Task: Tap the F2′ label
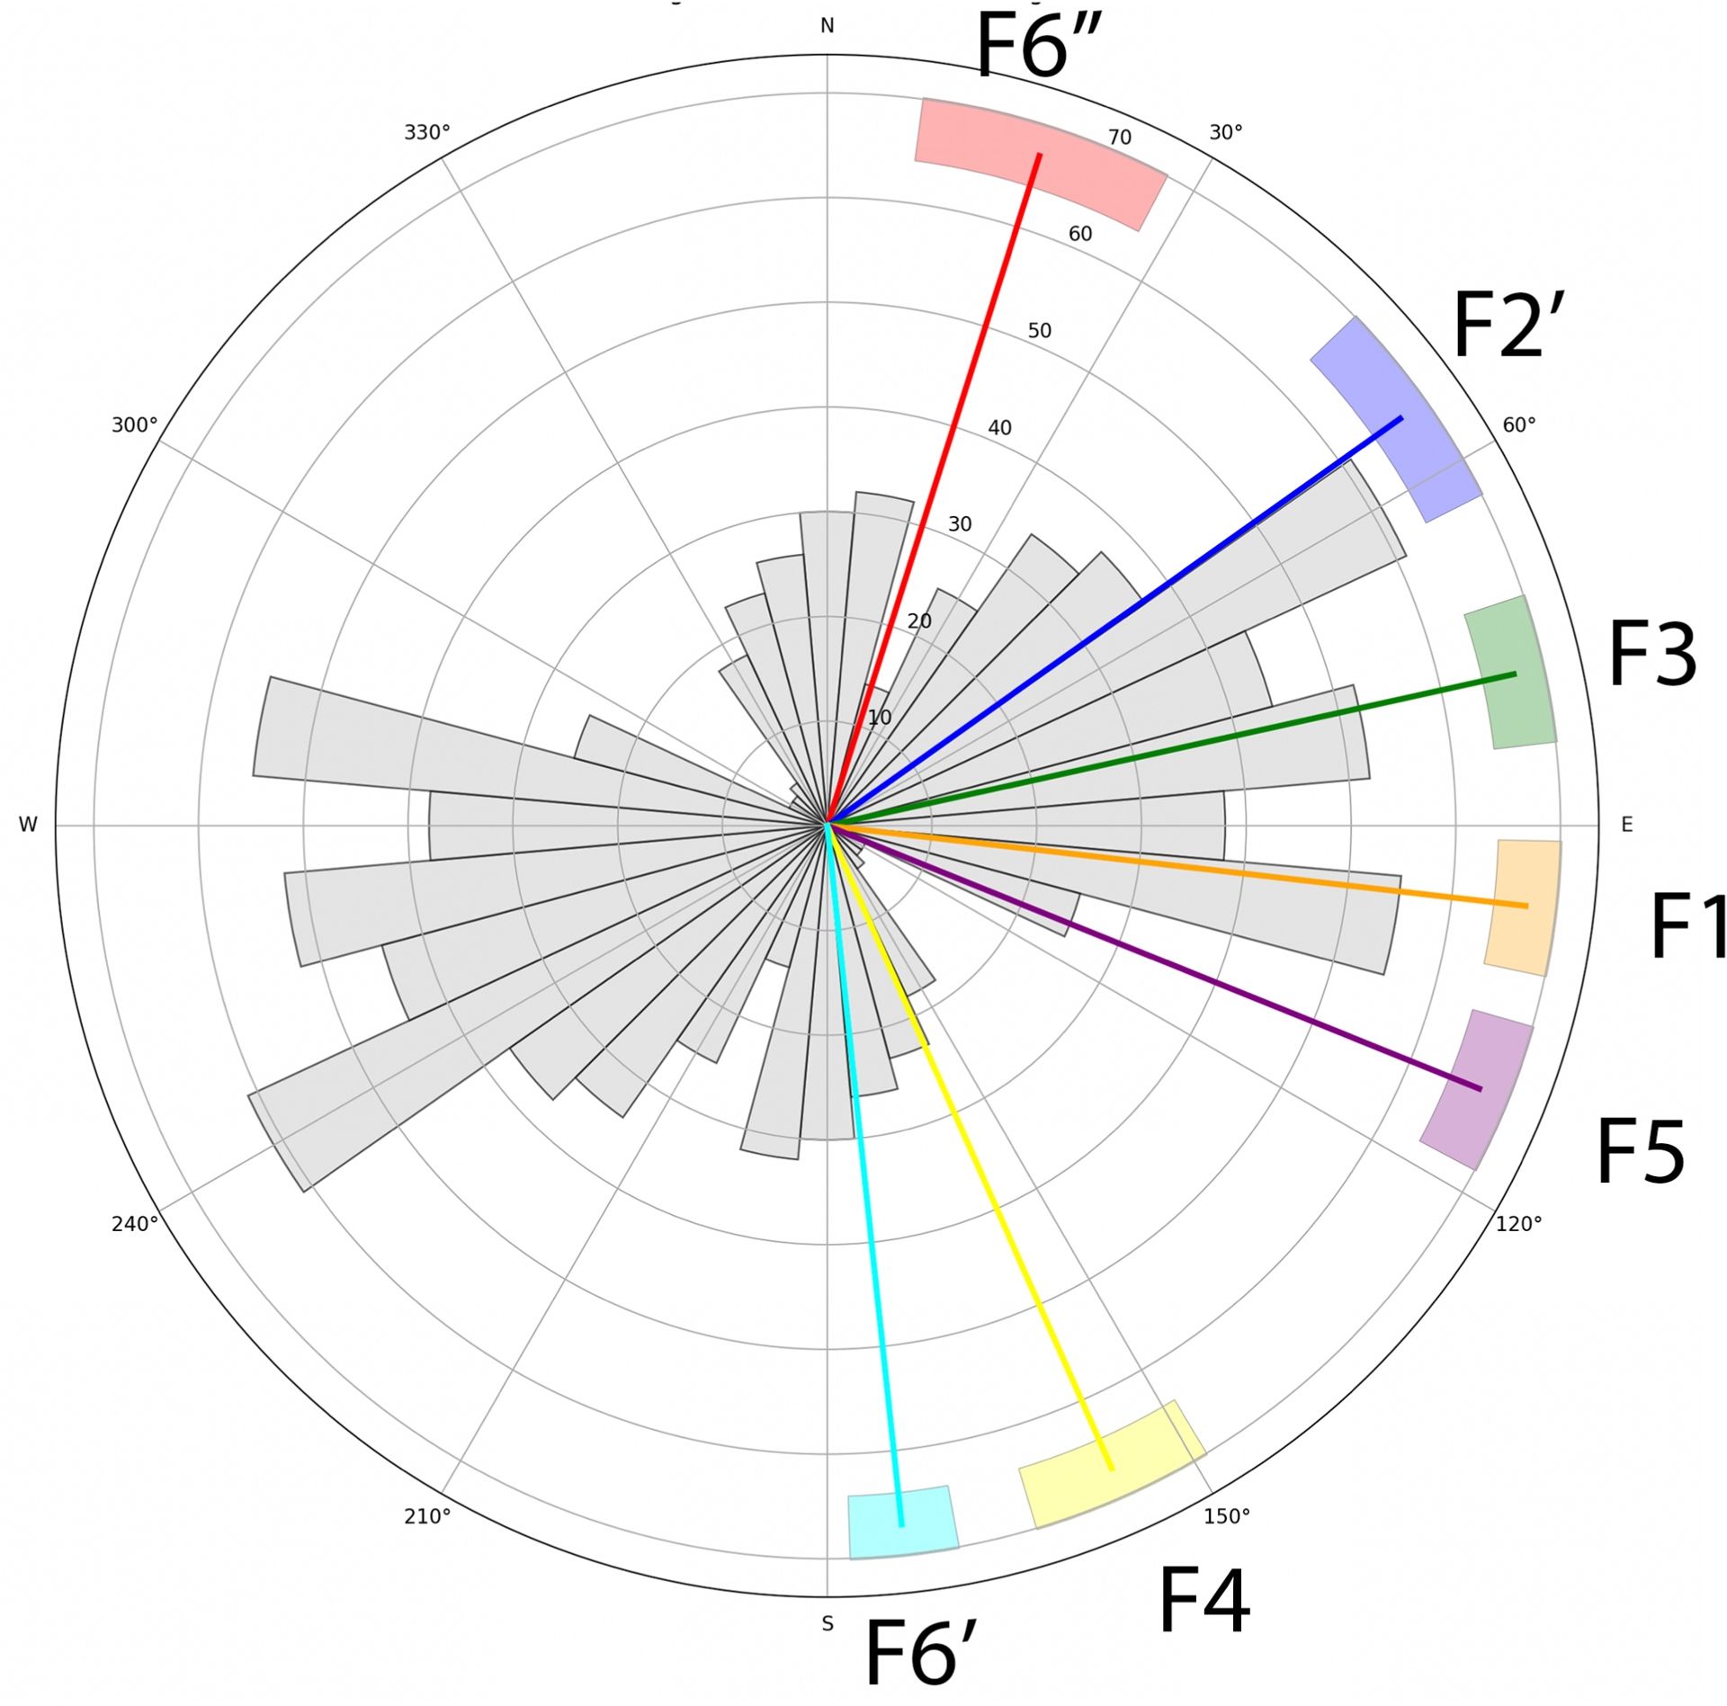point(1508,326)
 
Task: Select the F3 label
point(1651,654)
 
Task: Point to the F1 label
point(1688,925)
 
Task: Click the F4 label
point(1204,1600)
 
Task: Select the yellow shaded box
point(1112,1465)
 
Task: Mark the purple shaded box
point(1477,1089)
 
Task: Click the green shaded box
point(1510,673)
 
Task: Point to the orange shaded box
point(1523,907)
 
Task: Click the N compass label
point(827,26)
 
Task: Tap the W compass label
point(28,825)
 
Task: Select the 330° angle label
point(426,133)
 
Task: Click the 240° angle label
point(135,1224)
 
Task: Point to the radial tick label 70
point(1119,138)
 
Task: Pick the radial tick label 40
point(999,428)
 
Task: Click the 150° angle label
point(1227,1516)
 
